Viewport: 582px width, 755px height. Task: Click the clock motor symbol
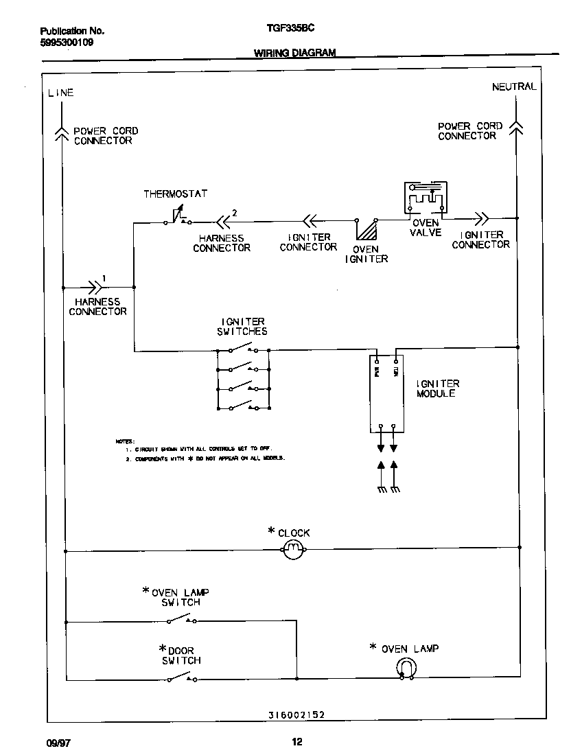[294, 548]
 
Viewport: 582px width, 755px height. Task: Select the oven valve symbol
[425, 199]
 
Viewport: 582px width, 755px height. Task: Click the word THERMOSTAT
[175, 194]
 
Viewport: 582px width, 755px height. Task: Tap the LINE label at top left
[60, 93]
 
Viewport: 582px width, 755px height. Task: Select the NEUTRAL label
[514, 86]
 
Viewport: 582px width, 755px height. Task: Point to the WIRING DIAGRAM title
[295, 53]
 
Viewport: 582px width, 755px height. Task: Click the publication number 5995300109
[67, 43]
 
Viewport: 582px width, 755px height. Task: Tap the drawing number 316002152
[296, 715]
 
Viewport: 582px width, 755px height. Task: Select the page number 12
[296, 741]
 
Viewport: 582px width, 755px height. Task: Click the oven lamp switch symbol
[182, 620]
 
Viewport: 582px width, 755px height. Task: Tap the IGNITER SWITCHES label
[243, 326]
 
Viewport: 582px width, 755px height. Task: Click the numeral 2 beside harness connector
[235, 213]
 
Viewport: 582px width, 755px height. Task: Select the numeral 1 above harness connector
[104, 277]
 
